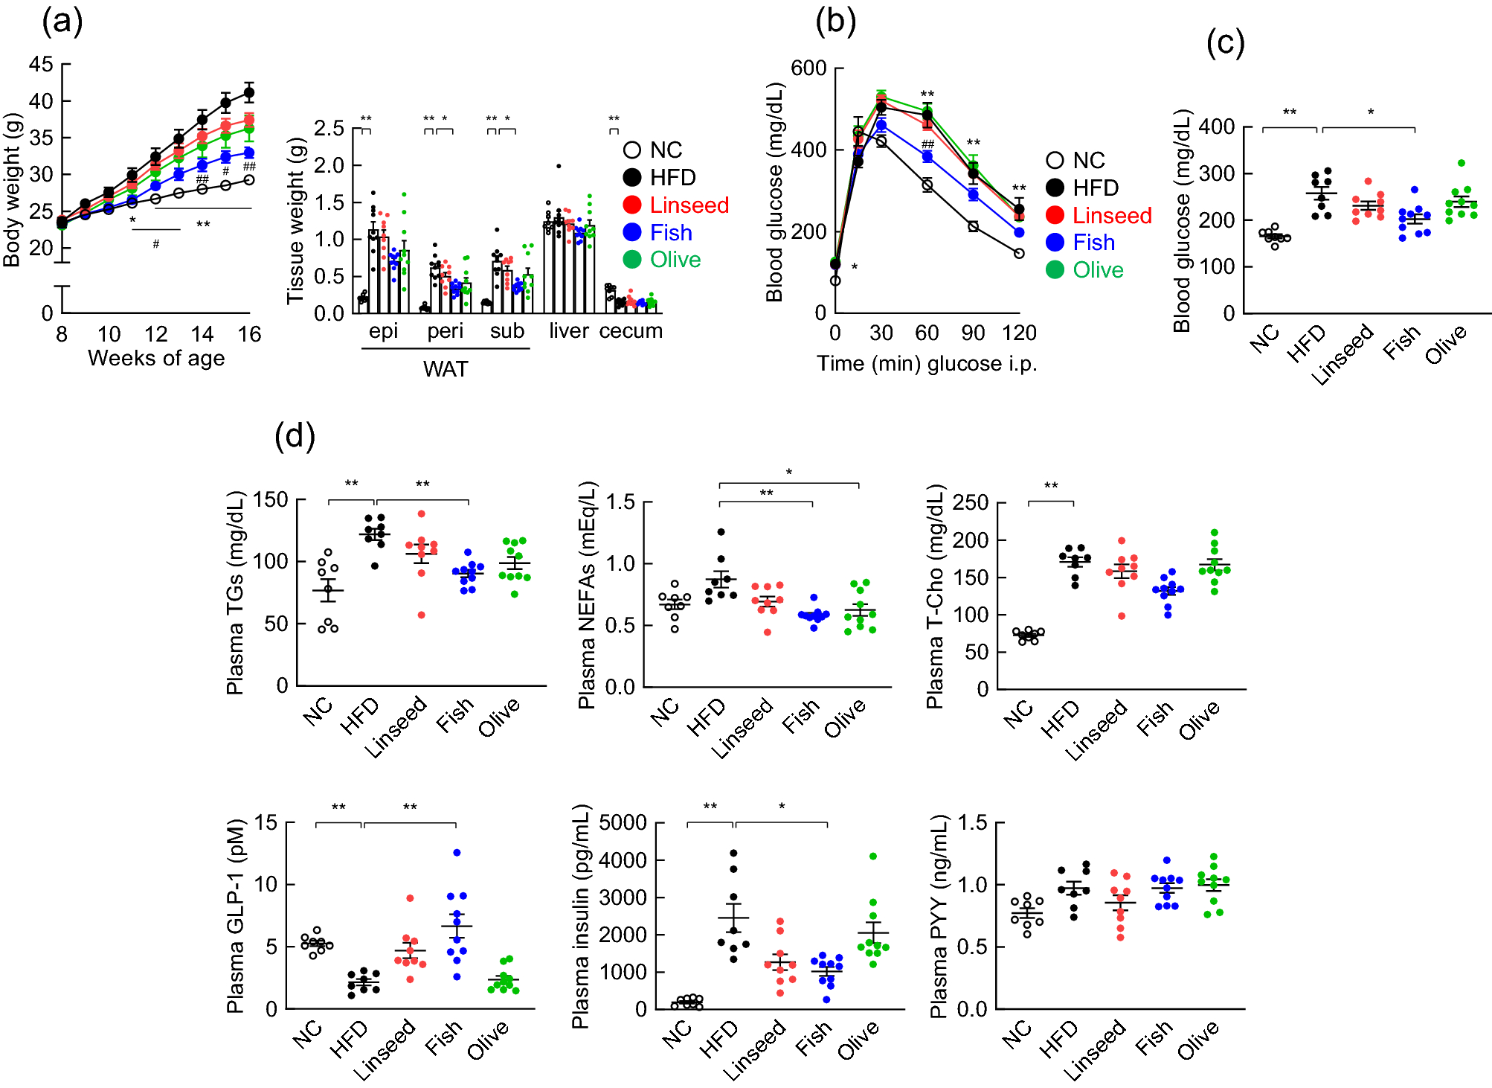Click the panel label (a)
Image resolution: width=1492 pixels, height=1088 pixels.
[62, 22]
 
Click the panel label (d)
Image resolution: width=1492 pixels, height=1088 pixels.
[295, 436]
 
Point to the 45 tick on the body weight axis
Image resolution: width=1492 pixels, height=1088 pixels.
[41, 65]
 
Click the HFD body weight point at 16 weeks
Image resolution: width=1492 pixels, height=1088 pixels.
[249, 93]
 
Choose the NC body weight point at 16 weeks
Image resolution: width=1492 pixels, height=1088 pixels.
[249, 179]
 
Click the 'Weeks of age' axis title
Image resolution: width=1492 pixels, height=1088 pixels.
[156, 359]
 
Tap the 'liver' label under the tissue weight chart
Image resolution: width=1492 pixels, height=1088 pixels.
[569, 331]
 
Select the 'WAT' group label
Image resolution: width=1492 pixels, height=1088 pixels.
[446, 369]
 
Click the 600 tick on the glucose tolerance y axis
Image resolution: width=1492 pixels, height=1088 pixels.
[808, 68]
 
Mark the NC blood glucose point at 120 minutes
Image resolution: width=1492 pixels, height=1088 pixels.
[1019, 253]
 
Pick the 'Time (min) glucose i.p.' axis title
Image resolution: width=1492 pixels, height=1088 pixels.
[927, 364]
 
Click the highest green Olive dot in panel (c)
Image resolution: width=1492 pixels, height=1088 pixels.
[1462, 163]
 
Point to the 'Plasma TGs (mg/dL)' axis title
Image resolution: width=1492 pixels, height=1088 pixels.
[235, 592]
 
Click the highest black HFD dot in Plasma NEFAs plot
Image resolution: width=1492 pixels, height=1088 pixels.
[720, 532]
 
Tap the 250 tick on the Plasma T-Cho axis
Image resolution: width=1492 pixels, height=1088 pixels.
[971, 503]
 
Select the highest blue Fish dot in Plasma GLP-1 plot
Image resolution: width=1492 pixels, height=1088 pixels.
[457, 853]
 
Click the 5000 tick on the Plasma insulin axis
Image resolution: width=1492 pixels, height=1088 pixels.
[623, 823]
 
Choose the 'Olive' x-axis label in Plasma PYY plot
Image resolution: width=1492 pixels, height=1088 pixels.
[1198, 1040]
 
